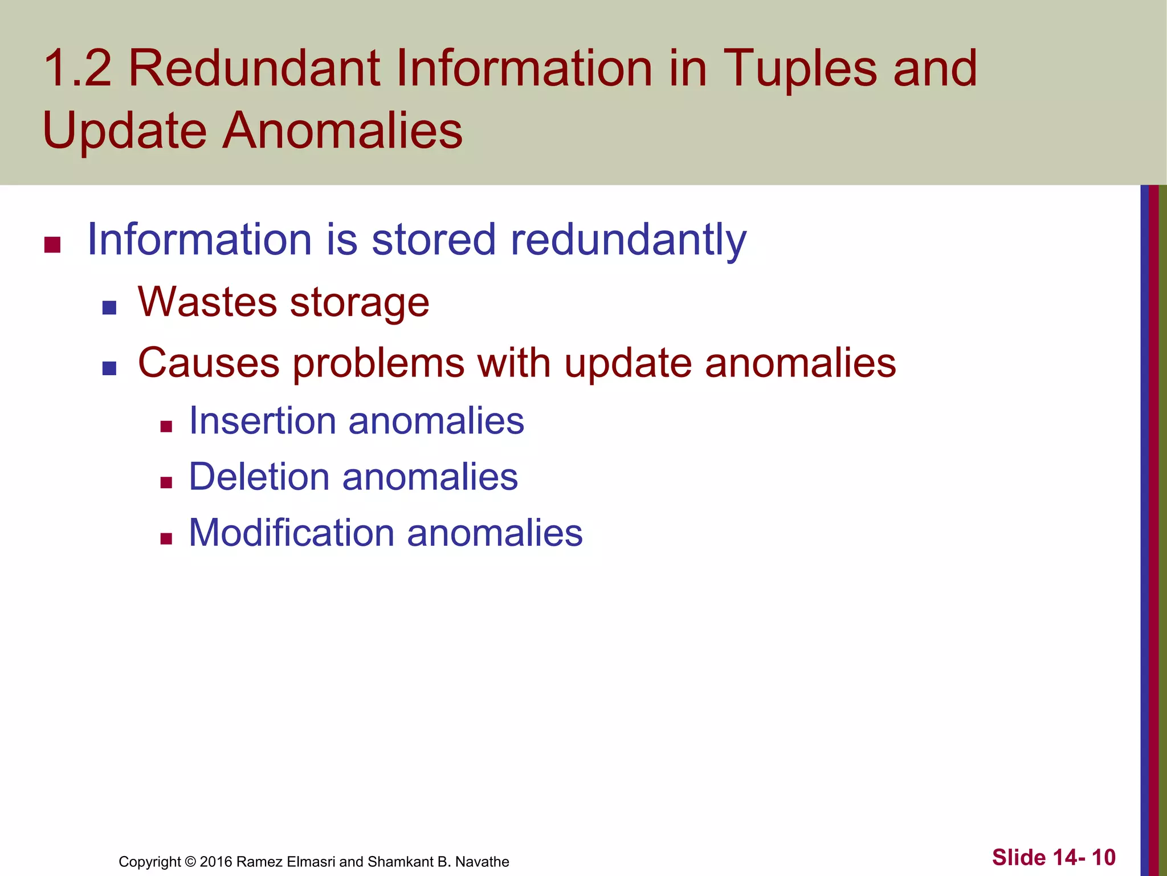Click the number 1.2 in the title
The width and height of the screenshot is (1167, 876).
click(x=77, y=68)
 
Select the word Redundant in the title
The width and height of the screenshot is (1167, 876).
click(x=254, y=68)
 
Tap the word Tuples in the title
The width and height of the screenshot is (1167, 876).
click(x=800, y=70)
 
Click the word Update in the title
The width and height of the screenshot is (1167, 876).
click(x=124, y=131)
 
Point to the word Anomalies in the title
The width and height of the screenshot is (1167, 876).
click(x=342, y=131)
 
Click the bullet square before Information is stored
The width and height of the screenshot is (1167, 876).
click(x=52, y=245)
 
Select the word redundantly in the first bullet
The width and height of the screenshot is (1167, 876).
click(x=628, y=240)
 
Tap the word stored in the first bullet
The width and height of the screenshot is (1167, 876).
click(x=434, y=240)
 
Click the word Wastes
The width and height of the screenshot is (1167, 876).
click(x=207, y=302)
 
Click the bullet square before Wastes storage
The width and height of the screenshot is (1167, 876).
click(x=109, y=308)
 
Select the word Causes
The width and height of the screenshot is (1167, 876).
click(x=209, y=363)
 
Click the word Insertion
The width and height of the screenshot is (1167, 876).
click(x=262, y=421)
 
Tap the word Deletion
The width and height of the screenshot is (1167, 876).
click(x=259, y=477)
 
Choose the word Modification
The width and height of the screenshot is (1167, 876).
click(x=291, y=533)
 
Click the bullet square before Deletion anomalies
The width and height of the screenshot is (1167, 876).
click(x=166, y=483)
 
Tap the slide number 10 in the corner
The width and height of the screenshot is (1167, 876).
click(x=1103, y=857)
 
